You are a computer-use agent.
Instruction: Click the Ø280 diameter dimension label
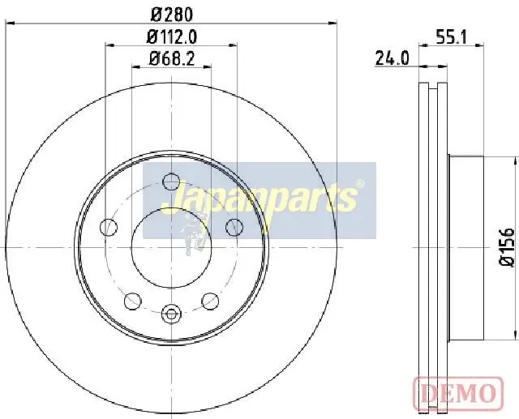tap(171, 15)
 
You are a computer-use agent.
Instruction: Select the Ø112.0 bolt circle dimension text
tap(172, 36)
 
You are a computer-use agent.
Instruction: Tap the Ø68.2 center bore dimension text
tap(171, 59)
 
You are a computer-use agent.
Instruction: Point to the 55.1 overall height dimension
tap(451, 37)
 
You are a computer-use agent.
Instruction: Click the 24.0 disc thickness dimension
tap(392, 58)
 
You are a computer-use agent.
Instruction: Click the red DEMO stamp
tap(458, 392)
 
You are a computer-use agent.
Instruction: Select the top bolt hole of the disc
tap(171, 182)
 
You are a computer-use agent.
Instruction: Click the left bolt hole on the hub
tap(109, 227)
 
